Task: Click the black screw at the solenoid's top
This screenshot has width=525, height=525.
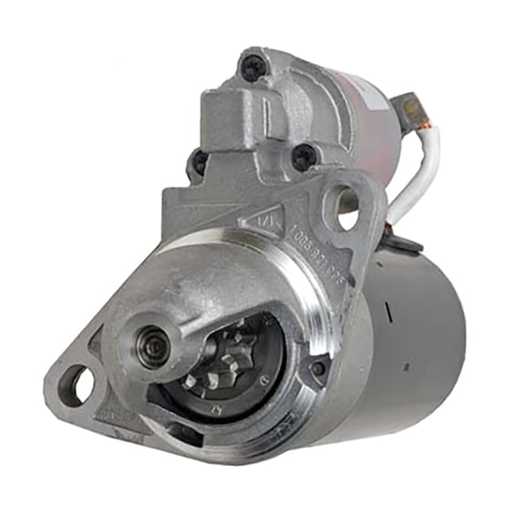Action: (x=252, y=66)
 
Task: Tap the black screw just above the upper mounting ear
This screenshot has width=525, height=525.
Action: (x=304, y=157)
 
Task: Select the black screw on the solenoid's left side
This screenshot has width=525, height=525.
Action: (x=198, y=164)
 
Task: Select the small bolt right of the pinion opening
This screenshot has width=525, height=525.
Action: (x=318, y=366)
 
